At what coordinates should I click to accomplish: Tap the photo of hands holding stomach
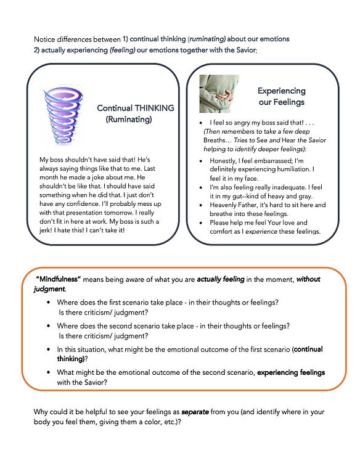tap(219, 93)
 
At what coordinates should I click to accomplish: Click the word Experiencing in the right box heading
tap(281, 90)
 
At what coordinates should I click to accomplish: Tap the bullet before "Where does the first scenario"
tap(49, 303)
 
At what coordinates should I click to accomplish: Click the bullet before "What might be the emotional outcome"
tap(49, 373)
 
